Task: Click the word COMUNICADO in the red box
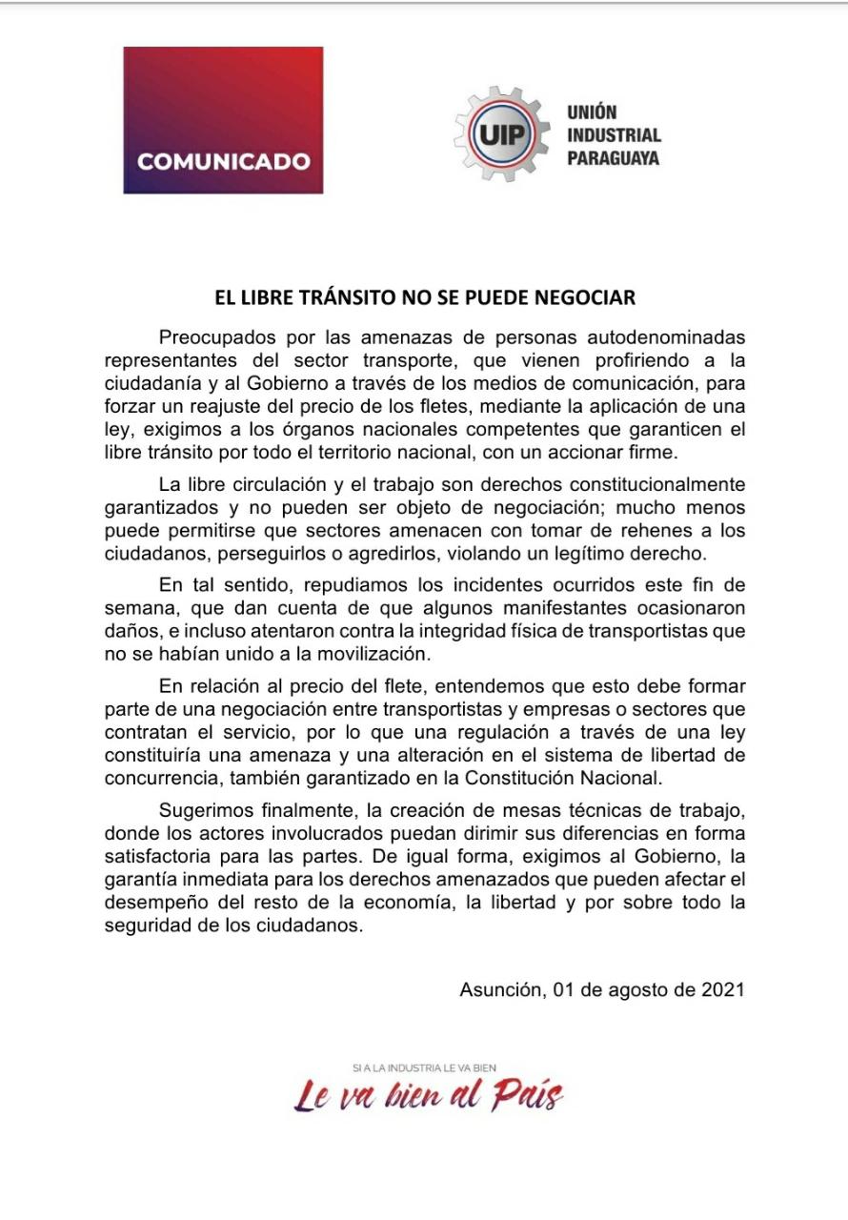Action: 224,161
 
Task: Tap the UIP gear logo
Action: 501,133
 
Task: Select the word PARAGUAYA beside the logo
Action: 613,157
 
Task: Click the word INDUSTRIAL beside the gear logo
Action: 614,134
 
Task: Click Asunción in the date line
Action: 502,988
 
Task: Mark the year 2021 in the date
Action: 722,988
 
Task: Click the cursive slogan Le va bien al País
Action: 428,1096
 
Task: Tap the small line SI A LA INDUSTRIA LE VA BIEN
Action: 424,1067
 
